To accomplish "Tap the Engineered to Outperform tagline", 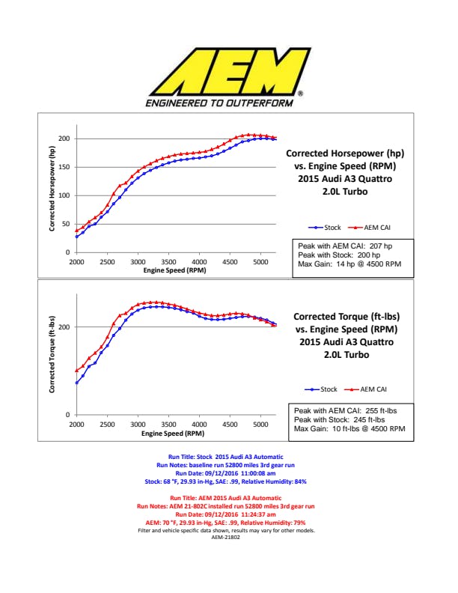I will click(219, 103).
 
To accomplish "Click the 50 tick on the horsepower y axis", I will click(66, 225).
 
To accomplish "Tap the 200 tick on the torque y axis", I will click(64, 327).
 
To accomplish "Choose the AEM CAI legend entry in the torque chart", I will click(369, 389).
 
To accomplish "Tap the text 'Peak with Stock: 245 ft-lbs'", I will click(339, 419).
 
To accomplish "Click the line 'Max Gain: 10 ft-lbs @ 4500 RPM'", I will click(349, 429).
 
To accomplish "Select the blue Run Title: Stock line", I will click(228, 456).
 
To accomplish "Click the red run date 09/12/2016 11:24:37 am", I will click(228, 515).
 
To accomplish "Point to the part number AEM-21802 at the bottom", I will click(228, 538).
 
